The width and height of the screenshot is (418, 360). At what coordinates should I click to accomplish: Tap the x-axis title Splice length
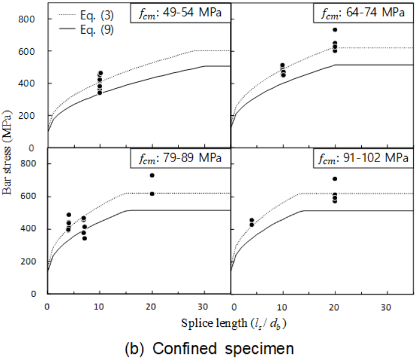(x=233, y=323)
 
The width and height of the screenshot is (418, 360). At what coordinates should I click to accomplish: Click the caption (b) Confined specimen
(x=209, y=349)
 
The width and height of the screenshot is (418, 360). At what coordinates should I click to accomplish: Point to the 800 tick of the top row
(x=30, y=19)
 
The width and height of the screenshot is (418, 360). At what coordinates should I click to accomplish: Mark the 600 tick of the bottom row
(x=30, y=196)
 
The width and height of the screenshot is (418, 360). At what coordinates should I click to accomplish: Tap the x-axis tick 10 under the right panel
(x=282, y=306)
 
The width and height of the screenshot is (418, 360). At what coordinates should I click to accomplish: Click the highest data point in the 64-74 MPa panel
(x=335, y=30)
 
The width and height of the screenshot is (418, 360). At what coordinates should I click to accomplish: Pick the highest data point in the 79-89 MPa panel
(x=152, y=175)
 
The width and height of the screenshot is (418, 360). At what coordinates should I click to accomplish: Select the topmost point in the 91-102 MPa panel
(x=335, y=178)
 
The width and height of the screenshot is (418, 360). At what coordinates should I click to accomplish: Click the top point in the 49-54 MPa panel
(x=100, y=73)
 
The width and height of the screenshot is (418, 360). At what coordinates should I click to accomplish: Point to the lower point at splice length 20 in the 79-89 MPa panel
(x=152, y=194)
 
